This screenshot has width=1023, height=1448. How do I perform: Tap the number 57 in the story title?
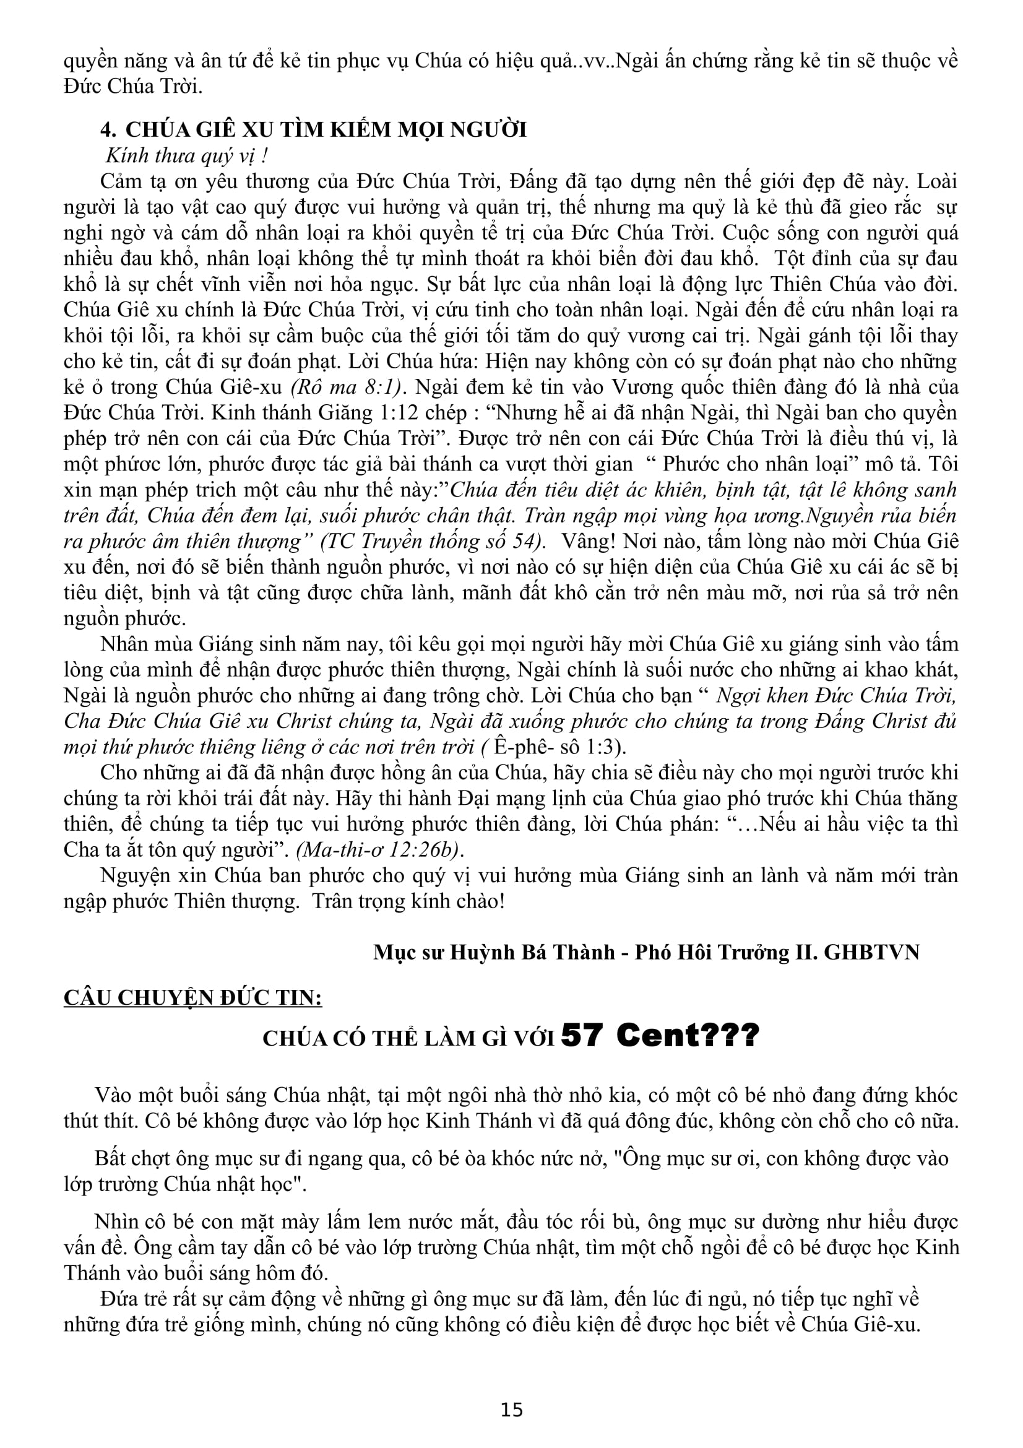click(581, 1035)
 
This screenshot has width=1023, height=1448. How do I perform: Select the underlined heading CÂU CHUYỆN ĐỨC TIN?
click(193, 998)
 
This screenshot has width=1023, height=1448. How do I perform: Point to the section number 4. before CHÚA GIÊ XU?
click(108, 129)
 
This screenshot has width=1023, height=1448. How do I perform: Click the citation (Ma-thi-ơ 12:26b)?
click(379, 850)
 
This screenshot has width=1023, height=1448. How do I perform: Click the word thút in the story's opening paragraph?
click(80, 1121)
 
